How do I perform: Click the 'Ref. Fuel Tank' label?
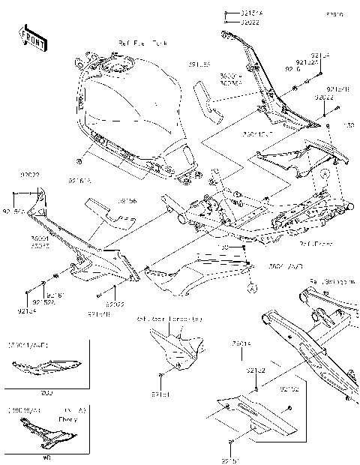tap(138, 45)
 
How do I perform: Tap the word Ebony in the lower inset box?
tap(69, 419)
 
